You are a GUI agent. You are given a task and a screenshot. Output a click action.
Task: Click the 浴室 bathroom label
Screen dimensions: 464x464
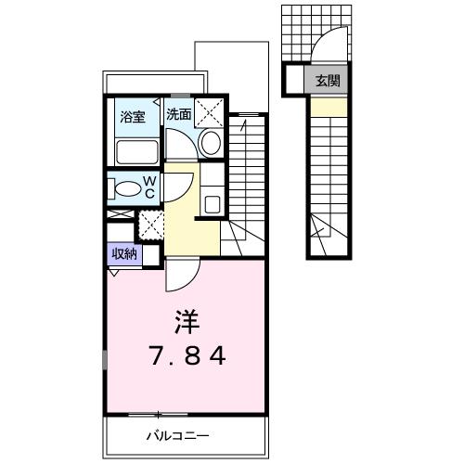tap(133, 117)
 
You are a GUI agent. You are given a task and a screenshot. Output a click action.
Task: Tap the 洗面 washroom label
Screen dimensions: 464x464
tap(179, 114)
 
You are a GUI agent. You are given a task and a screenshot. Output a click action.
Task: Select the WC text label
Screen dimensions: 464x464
tap(150, 187)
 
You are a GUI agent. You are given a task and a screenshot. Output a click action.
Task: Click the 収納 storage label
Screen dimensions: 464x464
tap(124, 254)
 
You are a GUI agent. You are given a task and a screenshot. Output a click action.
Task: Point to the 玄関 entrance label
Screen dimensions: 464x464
tap(328, 81)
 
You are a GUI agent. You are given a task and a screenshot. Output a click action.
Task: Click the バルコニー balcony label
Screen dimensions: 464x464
tap(178, 436)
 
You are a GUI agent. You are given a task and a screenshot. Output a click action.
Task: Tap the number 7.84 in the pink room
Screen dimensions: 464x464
tap(187, 355)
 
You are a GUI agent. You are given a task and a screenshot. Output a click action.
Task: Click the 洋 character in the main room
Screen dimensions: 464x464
tap(187, 321)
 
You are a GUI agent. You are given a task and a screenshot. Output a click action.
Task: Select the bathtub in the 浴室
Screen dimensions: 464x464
tap(136, 153)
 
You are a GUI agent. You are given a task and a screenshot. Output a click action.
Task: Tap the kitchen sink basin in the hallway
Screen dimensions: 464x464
tap(213, 204)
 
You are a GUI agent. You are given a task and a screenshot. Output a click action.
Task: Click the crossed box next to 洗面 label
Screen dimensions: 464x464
tap(209, 113)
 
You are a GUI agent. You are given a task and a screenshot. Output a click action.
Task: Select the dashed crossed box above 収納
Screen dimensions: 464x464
tap(150, 225)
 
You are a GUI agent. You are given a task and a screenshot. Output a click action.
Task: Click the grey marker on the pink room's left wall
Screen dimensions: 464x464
tap(105, 360)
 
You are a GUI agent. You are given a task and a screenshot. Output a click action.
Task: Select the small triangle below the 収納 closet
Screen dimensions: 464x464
tap(114, 273)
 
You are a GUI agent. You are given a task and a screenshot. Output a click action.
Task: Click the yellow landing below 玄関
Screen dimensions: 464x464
tap(329, 107)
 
